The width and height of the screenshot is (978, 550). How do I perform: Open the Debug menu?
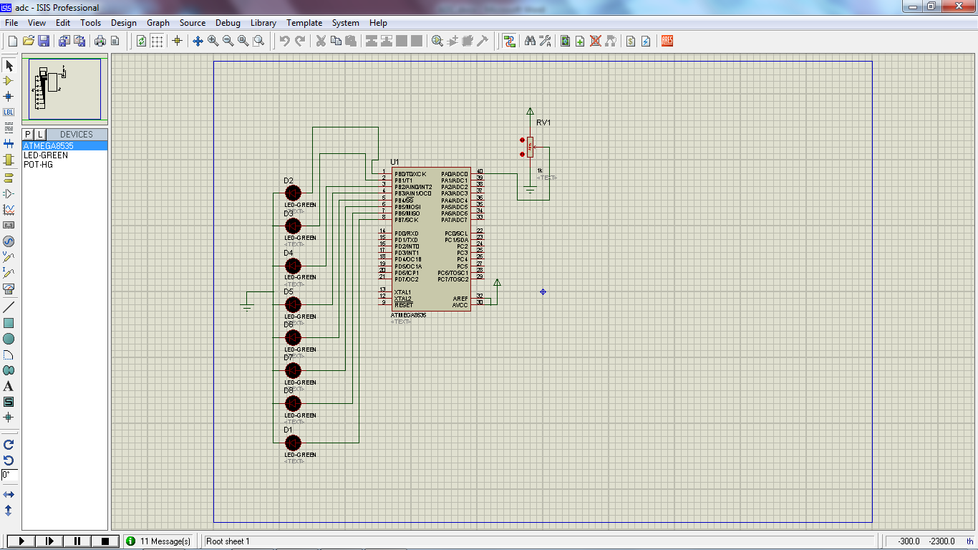(x=228, y=23)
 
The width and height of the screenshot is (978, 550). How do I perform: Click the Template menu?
(x=304, y=23)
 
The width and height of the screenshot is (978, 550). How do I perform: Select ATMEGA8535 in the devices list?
(x=48, y=146)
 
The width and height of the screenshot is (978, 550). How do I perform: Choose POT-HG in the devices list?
(x=38, y=165)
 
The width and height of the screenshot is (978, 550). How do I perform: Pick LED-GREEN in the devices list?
(x=46, y=155)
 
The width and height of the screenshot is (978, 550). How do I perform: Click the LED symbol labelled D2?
(x=293, y=193)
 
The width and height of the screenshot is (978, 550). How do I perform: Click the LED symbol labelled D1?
(x=293, y=443)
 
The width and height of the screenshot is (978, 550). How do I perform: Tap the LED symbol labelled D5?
(x=293, y=304)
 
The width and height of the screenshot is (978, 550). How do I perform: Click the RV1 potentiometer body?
(x=530, y=148)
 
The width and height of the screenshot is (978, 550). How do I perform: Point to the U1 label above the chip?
(x=394, y=162)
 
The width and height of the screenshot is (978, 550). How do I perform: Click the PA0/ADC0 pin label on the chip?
(x=455, y=174)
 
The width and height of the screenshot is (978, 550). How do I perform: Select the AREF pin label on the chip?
(x=460, y=299)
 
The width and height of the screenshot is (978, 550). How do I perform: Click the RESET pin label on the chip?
(x=403, y=305)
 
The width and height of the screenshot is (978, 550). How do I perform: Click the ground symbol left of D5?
(x=247, y=307)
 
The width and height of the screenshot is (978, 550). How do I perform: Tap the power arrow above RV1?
(x=530, y=111)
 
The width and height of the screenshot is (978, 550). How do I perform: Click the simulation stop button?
(x=105, y=541)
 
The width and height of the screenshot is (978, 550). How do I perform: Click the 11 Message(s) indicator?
(x=158, y=541)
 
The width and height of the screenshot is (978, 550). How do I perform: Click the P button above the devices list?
(x=28, y=135)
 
